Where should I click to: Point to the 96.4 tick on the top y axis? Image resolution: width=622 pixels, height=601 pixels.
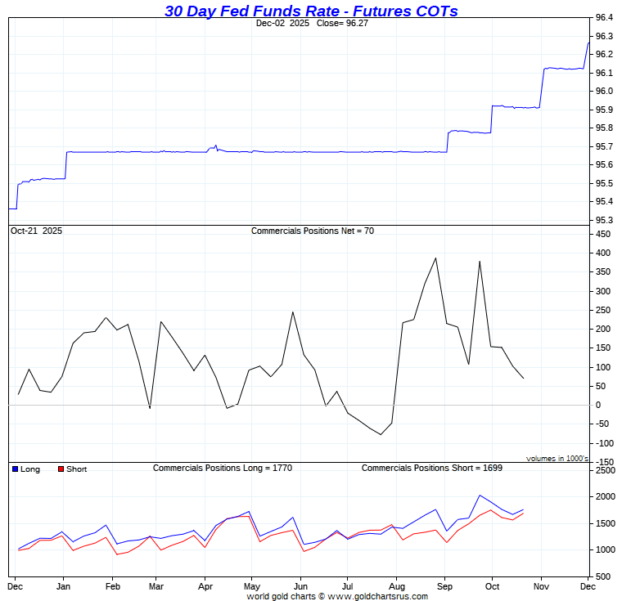[x=604, y=18]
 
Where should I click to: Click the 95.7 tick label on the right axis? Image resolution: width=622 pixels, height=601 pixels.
[x=604, y=146]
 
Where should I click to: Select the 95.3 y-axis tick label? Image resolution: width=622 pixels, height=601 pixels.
[x=604, y=220]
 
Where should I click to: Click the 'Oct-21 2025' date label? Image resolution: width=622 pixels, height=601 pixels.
[x=37, y=231]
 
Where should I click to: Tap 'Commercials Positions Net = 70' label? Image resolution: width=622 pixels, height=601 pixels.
[x=312, y=231]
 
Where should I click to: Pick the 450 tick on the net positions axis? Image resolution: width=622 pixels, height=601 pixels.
[x=602, y=235]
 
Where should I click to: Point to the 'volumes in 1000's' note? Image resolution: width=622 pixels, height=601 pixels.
[x=557, y=459]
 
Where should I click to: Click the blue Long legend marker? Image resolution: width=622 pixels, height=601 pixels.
[x=16, y=469]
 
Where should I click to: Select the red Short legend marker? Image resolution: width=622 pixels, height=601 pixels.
[x=61, y=469]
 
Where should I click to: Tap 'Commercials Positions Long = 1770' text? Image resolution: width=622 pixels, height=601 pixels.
[x=223, y=469]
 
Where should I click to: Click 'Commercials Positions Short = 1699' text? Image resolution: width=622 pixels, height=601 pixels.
[x=432, y=469]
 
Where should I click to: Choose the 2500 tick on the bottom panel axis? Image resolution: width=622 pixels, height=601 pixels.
[x=604, y=472]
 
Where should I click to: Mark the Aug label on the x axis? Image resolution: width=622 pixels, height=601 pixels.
[x=397, y=587]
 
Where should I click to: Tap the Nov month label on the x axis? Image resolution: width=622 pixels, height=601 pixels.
[x=540, y=587]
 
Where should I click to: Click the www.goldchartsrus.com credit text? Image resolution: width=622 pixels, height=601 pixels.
[x=377, y=596]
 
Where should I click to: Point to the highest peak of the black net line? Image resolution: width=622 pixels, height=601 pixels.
[x=435, y=258]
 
